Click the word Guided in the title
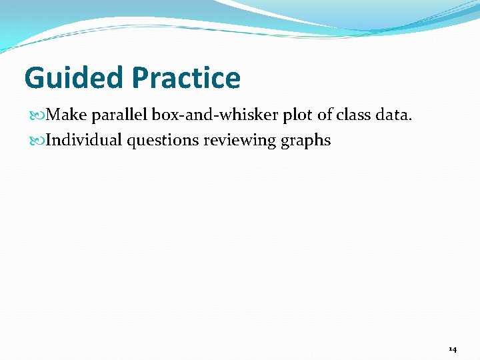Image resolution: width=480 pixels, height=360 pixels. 74,78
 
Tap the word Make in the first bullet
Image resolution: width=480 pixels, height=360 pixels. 67,115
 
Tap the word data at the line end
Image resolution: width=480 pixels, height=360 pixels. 392,115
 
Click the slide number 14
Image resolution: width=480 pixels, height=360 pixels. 453,349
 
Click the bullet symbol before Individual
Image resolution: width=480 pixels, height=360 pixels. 37,141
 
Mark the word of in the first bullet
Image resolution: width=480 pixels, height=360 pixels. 324,115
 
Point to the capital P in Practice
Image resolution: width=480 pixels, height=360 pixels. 141,78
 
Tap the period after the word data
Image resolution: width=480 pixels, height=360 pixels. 411,121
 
